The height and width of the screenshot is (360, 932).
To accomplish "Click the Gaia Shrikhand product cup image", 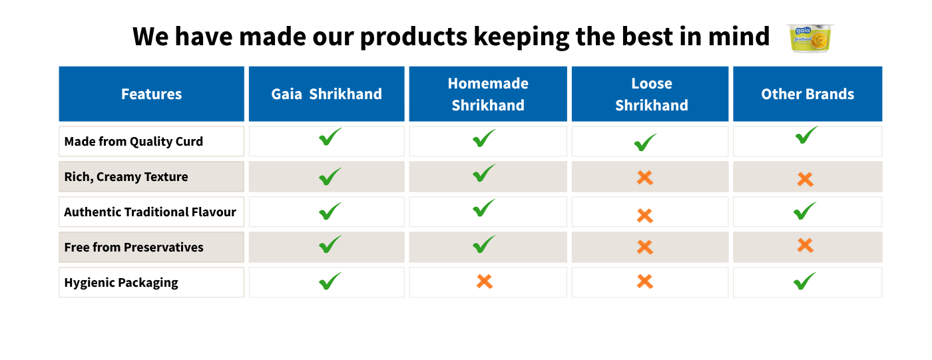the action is [810, 38].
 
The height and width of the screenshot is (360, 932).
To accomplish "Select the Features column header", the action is [152, 94].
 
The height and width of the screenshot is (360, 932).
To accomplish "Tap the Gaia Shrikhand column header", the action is [327, 94].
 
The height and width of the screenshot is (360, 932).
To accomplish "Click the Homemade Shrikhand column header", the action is [488, 94].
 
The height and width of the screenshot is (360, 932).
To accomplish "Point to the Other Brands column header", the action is [808, 94].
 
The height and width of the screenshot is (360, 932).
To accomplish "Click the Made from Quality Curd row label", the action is [134, 142].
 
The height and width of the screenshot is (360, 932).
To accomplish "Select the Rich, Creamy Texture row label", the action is [126, 177].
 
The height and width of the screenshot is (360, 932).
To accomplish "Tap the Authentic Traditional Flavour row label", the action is [150, 212].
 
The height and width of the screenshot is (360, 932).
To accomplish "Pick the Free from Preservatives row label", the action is [134, 248].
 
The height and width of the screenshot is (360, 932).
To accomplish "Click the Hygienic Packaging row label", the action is [121, 283].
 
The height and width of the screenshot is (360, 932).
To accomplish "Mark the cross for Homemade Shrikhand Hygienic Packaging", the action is [485, 281].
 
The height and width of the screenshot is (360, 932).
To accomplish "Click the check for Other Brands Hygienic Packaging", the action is [804, 282].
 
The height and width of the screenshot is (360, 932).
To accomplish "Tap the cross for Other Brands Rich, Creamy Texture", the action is [805, 179].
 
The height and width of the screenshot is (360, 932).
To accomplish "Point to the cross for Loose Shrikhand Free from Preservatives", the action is [645, 247].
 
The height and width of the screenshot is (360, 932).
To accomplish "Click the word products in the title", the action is [413, 37].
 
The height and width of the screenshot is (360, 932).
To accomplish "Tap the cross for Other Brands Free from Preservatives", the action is [805, 245].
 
